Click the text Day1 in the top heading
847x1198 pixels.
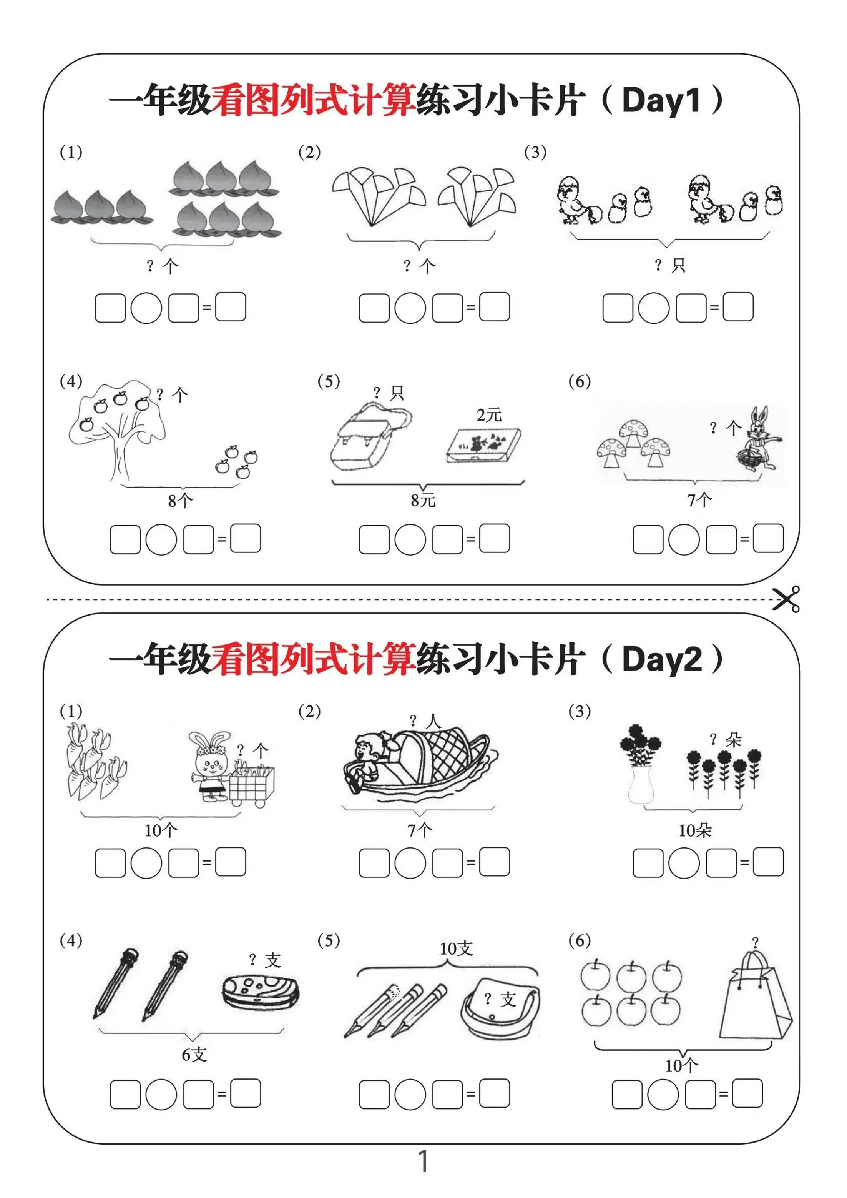click(x=661, y=100)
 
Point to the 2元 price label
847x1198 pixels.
click(x=489, y=415)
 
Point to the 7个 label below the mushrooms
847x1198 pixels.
click(x=699, y=500)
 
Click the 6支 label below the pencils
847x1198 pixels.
click(x=194, y=1055)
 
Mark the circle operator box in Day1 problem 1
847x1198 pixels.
click(x=146, y=308)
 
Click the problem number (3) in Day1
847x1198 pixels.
click(x=535, y=152)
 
